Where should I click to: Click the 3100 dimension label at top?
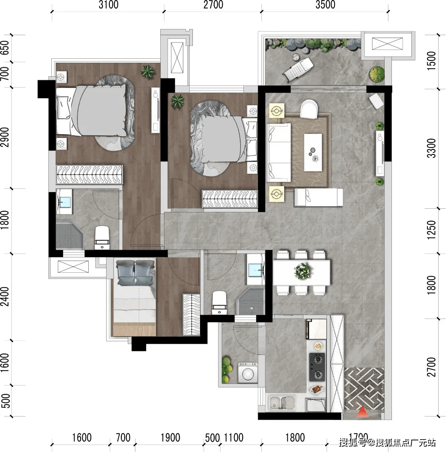point(108,5)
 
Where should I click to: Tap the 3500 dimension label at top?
point(325,5)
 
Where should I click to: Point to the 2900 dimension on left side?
point(5,137)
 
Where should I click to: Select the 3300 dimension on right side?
point(431,148)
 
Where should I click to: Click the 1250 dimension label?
point(431,230)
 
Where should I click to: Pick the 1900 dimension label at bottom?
point(170,438)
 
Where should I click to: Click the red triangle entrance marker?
point(362,412)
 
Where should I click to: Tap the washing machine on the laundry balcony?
point(248,373)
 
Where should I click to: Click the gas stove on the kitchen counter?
point(317,367)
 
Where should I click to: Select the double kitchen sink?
point(282,403)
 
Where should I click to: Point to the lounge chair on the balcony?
point(298,69)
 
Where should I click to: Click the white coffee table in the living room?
point(313,152)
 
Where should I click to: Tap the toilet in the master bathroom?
point(102,238)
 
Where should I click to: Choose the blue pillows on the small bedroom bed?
point(135,273)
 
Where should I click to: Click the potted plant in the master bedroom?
point(147,71)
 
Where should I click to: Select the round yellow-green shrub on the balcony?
point(377,74)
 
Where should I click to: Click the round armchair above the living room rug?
point(309,109)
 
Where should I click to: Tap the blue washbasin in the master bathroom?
point(64,202)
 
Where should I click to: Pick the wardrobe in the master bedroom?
point(90,174)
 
